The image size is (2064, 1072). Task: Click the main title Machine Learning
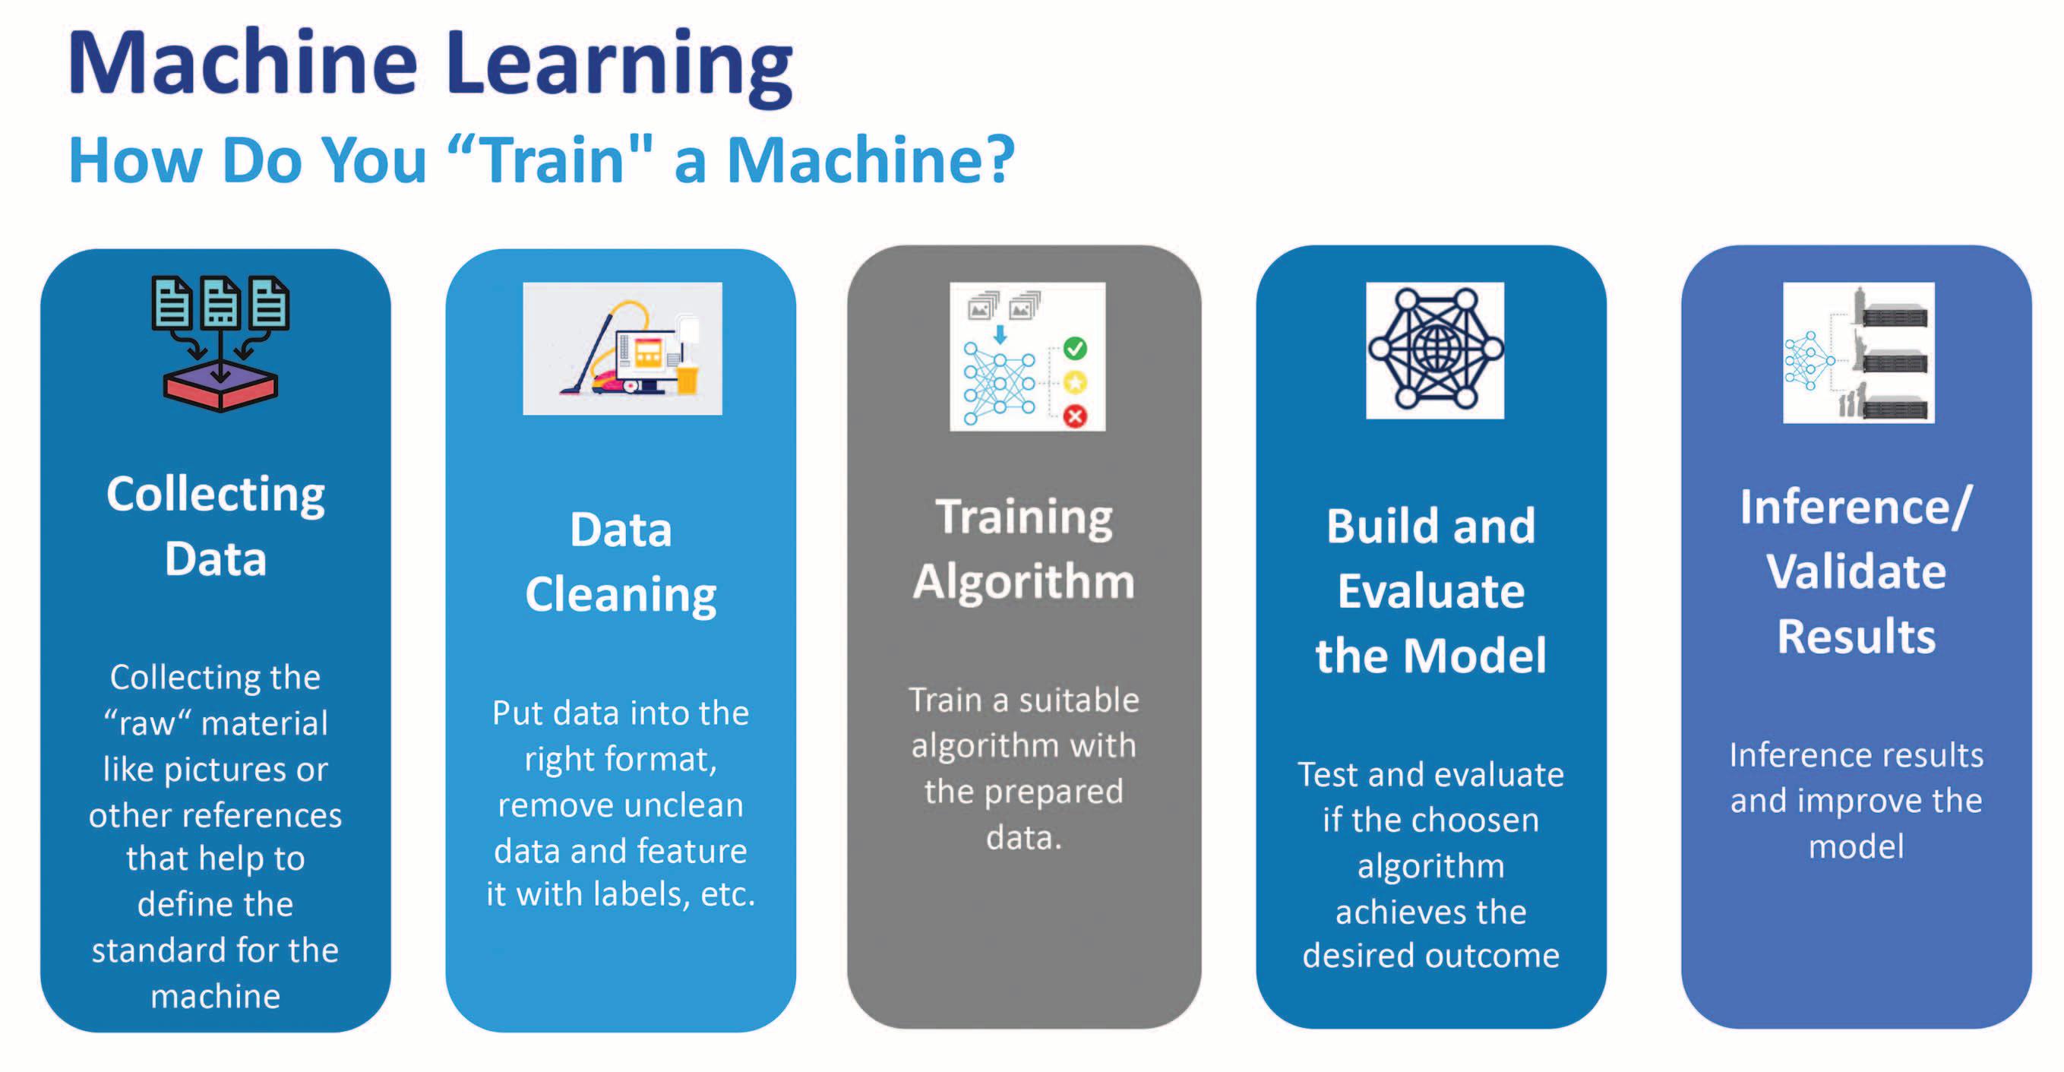430,64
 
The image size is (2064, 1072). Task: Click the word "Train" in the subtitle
553,160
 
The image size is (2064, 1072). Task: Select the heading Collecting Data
216,526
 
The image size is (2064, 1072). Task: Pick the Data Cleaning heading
621,561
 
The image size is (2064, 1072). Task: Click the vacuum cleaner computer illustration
623,349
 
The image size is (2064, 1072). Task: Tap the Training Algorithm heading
1024,549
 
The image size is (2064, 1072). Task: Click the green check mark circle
1075,349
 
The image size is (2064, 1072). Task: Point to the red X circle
1075,416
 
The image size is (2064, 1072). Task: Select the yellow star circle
1075,382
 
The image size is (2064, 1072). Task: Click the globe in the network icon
1435,349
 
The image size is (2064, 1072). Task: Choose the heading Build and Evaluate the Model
1431,590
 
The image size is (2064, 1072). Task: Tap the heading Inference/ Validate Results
1857,571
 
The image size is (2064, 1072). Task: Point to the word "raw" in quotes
147,723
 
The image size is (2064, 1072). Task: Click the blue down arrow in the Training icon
1000,334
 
